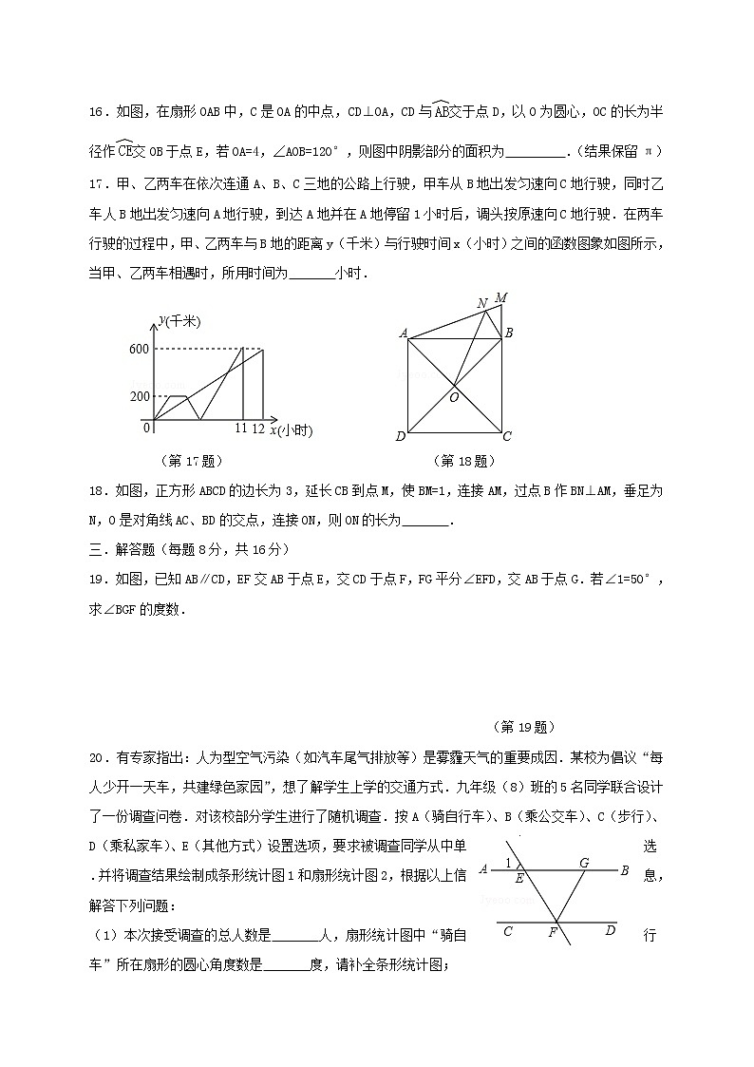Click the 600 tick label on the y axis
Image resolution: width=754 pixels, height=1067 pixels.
(140, 350)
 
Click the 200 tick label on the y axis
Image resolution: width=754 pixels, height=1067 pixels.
(140, 396)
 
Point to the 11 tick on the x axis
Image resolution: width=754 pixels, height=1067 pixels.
(240, 429)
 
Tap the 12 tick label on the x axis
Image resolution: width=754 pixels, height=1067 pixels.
(258, 429)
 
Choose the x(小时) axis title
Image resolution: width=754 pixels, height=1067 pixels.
(291, 430)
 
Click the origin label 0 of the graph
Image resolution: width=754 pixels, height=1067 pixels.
(147, 429)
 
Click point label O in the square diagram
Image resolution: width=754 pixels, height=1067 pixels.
(454, 397)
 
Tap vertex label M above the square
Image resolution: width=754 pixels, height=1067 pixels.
(500, 298)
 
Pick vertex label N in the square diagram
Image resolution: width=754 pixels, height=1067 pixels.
(482, 304)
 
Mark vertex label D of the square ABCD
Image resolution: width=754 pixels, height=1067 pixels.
(401, 436)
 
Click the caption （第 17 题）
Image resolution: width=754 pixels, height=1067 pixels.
(193, 461)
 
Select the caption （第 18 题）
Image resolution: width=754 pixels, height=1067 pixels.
(463, 461)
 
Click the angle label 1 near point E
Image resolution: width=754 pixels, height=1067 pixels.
(509, 863)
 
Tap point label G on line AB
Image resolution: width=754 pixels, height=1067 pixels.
(584, 862)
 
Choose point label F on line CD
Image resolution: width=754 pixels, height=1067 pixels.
(552, 932)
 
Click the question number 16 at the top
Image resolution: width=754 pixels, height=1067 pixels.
(96, 111)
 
